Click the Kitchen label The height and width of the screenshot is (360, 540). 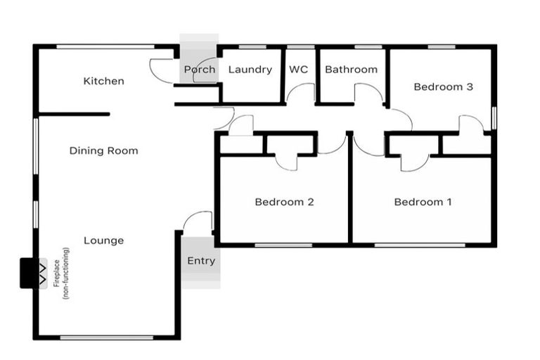tap(103, 81)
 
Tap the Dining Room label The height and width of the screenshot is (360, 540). tap(103, 150)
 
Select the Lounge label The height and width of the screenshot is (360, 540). tap(103, 240)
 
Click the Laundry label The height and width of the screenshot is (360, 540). tap(250, 70)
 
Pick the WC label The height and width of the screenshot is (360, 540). tap(298, 70)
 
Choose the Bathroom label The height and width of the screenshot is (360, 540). tap(351, 70)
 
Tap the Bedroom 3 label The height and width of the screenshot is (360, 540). tap(442, 87)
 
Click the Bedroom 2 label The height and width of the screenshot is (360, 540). tap(284, 202)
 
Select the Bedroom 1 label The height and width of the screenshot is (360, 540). tap(423, 202)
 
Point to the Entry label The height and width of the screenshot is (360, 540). tap(201, 261)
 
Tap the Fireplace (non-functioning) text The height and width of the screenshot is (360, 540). tap(61, 274)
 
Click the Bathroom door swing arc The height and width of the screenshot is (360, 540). tap(368, 91)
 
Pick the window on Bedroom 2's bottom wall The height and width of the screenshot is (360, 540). tap(283, 245)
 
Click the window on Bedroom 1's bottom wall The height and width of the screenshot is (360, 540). tap(419, 245)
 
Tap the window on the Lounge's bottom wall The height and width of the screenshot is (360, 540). tap(106, 338)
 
